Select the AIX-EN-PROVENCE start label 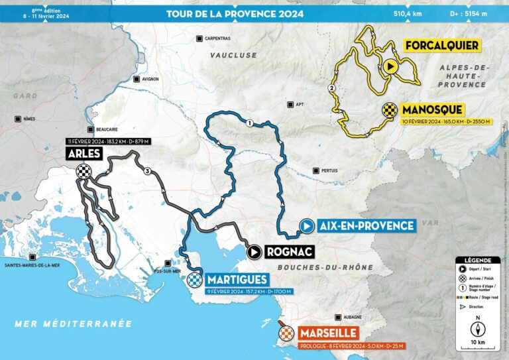tap(365, 226)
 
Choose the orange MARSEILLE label tap(328, 333)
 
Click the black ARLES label tap(83, 154)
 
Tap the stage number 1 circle tap(249, 123)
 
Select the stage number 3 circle tap(145, 171)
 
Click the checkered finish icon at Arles tap(83, 171)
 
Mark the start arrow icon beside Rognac tap(254, 252)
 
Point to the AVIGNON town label tap(150, 79)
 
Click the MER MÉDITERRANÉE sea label tap(74, 324)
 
